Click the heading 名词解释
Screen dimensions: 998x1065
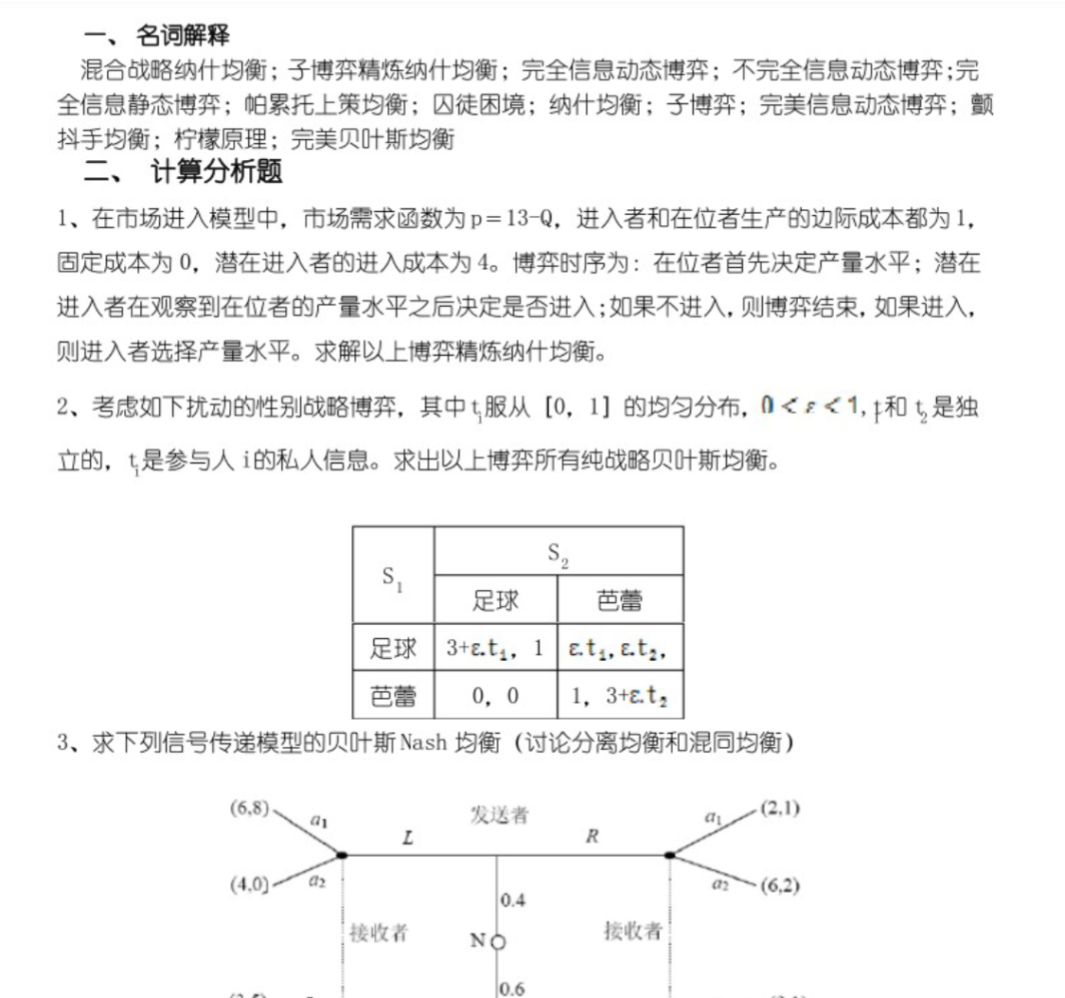click(183, 36)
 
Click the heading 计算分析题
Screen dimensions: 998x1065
click(217, 172)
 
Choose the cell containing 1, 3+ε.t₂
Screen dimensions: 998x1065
click(620, 696)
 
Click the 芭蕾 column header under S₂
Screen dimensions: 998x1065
click(620, 600)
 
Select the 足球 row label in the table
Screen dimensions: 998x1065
click(393, 649)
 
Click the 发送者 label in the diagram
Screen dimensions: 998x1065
click(499, 815)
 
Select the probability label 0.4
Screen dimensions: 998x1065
click(512, 900)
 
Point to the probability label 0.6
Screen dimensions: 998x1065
click(512, 988)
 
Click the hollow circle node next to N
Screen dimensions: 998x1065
click(499, 942)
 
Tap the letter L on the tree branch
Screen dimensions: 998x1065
click(406, 838)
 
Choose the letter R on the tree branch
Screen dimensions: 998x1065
click(591, 838)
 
